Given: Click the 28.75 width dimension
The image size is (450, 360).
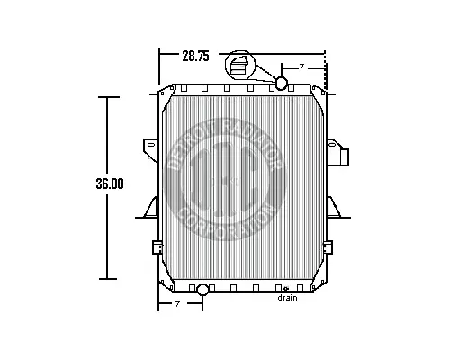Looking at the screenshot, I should (195, 56).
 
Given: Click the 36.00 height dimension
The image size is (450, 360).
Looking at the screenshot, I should (109, 184).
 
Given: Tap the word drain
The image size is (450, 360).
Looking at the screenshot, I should (287, 298).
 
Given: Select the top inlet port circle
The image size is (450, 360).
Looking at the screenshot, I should (281, 84).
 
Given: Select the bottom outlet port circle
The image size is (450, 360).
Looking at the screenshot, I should (202, 289).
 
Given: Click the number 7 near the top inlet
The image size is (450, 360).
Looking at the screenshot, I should (301, 67).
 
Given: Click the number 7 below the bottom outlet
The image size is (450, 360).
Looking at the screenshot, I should (177, 304).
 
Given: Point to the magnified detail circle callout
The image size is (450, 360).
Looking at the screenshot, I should (242, 68).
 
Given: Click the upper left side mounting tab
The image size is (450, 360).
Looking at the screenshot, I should (148, 146).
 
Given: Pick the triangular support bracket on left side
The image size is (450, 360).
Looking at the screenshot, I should (148, 208).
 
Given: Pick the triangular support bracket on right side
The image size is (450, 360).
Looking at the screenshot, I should (337, 208).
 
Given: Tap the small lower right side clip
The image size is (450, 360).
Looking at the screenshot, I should (329, 246).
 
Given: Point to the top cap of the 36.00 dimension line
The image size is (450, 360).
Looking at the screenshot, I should (109, 96).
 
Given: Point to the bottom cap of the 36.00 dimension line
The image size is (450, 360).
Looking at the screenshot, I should (109, 279).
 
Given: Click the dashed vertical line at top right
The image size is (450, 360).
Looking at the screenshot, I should (337, 72).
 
